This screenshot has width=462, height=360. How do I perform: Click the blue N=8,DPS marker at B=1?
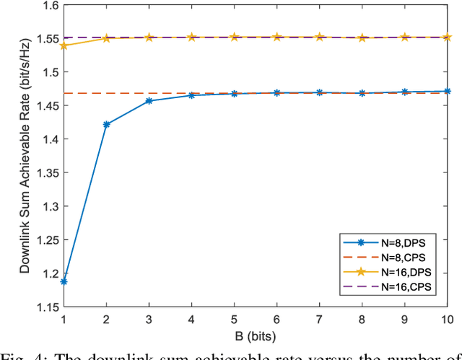64,281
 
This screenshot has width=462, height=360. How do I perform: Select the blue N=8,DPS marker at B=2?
106,125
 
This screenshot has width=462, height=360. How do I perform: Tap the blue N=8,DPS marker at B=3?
149,101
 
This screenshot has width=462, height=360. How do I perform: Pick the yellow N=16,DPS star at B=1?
64,45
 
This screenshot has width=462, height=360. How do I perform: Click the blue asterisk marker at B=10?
448,92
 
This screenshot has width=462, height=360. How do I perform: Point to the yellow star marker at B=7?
320,36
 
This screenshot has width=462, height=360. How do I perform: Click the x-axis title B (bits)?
255,336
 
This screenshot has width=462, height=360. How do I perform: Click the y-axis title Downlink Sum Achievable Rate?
25,157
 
